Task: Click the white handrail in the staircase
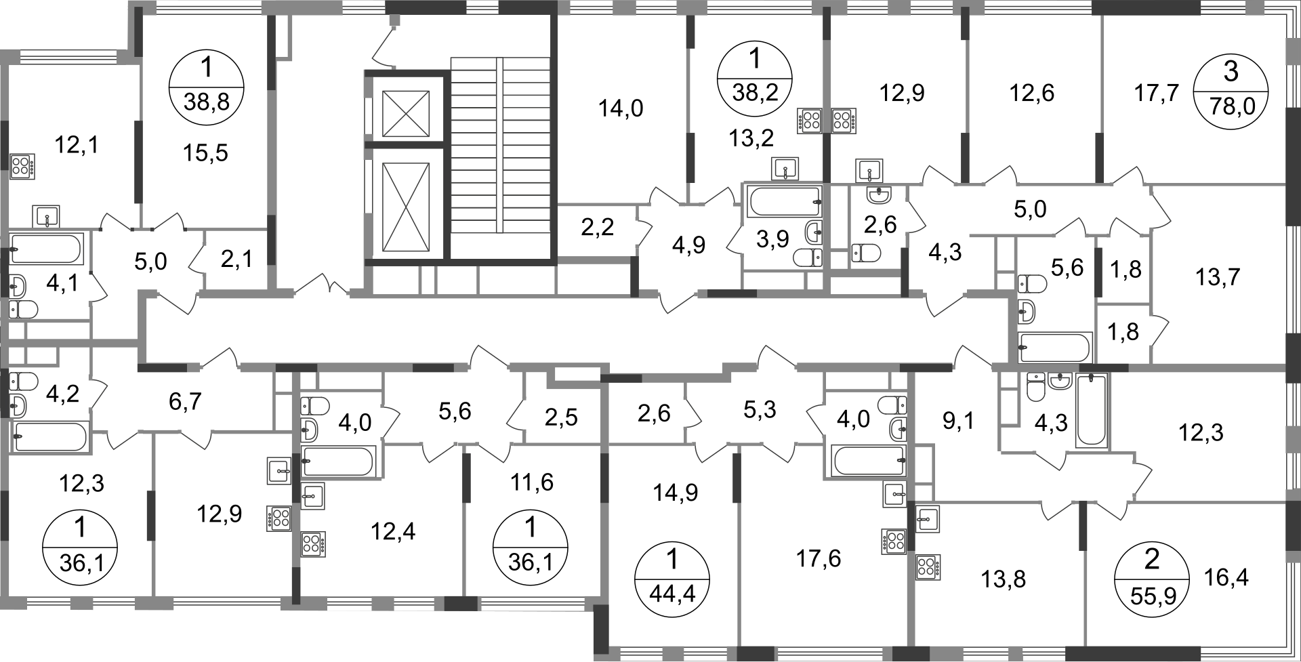(499, 144)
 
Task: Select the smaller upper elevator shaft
(405, 111)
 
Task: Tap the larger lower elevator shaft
(405, 207)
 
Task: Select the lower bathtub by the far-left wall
(51, 436)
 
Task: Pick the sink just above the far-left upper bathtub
(46, 216)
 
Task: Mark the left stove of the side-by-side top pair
(808, 120)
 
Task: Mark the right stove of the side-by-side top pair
(844, 120)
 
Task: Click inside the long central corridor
(576, 332)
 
